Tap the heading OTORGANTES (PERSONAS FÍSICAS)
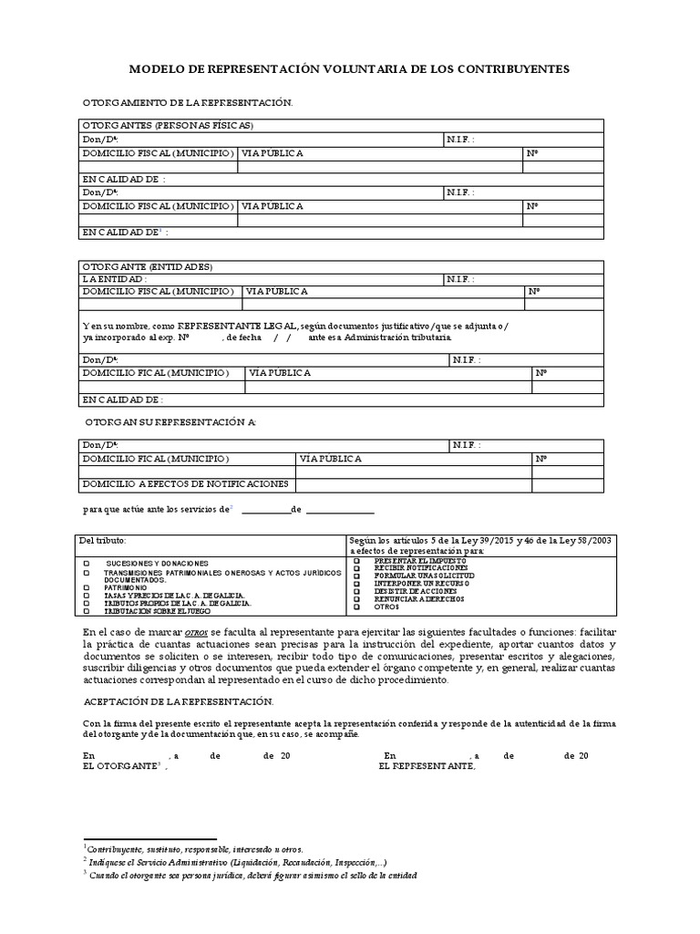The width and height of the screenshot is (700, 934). pyautogui.click(x=168, y=125)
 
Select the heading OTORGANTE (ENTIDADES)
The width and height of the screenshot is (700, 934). pyautogui.click(x=147, y=266)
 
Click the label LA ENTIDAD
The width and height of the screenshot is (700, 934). pyautogui.click(x=114, y=278)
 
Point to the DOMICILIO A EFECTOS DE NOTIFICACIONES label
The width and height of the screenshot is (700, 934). pyautogui.click(x=185, y=483)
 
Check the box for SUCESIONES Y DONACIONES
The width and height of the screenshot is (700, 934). pyautogui.click(x=87, y=564)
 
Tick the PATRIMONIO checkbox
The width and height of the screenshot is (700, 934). pyautogui.click(x=87, y=588)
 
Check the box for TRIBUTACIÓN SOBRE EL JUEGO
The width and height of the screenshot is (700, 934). pyautogui.click(x=87, y=612)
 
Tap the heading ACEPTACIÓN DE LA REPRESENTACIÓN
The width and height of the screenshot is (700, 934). pyautogui.click(x=178, y=700)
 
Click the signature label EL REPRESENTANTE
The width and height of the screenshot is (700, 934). pyautogui.click(x=427, y=766)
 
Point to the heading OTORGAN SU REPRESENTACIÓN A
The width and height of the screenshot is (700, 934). pyautogui.click(x=170, y=423)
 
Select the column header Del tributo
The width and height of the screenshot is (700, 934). pyautogui.click(x=104, y=540)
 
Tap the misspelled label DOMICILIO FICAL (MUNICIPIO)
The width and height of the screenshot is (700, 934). pyautogui.click(x=155, y=373)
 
